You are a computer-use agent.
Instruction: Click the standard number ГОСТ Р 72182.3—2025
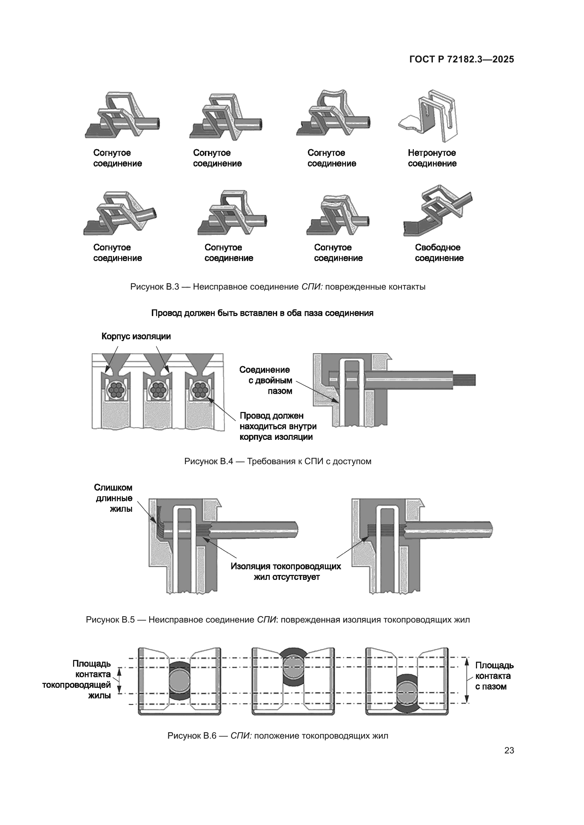(461, 59)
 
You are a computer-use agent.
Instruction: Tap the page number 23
(509, 750)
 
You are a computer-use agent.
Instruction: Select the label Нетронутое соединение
(432, 158)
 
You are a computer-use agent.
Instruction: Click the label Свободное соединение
(439, 253)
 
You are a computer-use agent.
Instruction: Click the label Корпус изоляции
(136, 336)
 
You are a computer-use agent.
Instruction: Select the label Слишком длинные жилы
(114, 498)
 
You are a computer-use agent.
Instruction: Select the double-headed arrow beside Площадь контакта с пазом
(467, 680)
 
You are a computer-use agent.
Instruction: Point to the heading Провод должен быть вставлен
(262, 313)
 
